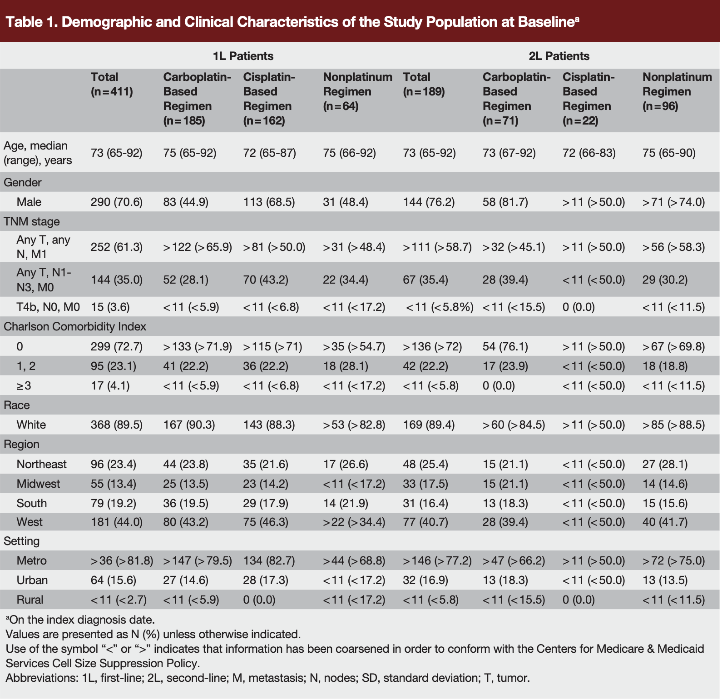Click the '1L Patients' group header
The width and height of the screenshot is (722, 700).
[x=243, y=56]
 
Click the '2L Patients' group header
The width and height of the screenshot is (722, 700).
[x=559, y=56]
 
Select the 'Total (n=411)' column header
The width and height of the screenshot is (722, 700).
[x=112, y=85]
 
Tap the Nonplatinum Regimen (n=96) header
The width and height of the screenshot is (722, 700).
[x=677, y=91]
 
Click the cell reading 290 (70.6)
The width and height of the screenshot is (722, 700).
[x=117, y=202]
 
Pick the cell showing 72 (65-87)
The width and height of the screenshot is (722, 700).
[x=270, y=153]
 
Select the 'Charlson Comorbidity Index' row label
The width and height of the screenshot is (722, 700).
[x=75, y=326]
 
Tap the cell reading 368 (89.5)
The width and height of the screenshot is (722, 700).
[x=117, y=425]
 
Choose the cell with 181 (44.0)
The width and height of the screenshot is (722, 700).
[x=117, y=522]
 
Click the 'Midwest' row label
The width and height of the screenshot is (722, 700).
[x=38, y=484]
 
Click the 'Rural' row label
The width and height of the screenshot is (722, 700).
[x=30, y=600]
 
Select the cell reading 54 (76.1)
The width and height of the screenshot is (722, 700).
[x=505, y=346]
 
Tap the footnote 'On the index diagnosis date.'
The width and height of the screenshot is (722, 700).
[x=82, y=620]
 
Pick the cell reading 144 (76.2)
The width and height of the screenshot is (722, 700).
[x=429, y=202]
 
